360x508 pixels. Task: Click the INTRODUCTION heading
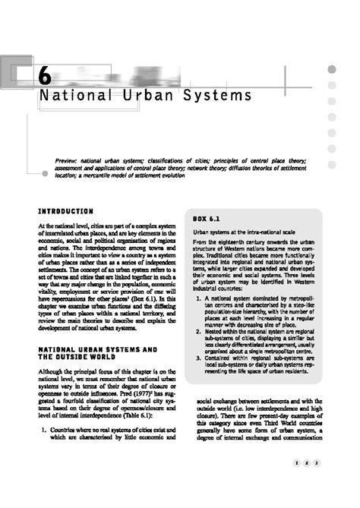[66, 210]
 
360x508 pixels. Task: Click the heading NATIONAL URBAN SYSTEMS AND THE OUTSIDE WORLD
[97, 353]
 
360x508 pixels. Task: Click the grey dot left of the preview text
[45, 174]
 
